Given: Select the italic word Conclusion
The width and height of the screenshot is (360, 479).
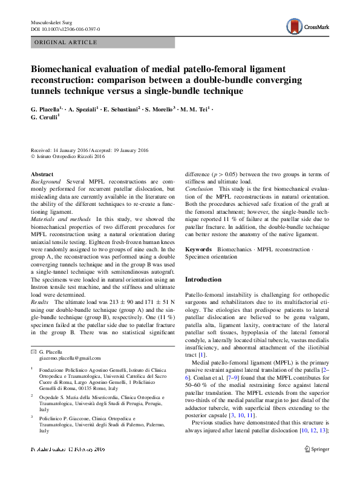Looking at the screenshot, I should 198,189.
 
